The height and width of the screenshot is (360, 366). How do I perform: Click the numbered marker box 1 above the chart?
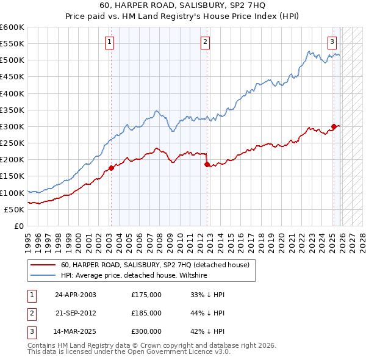click(x=109, y=42)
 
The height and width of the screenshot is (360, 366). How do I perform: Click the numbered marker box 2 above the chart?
click(x=205, y=42)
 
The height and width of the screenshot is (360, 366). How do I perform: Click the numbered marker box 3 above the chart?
click(x=332, y=42)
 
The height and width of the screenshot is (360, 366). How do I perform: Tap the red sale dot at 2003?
click(x=111, y=168)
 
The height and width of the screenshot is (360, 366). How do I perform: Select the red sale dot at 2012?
click(x=207, y=164)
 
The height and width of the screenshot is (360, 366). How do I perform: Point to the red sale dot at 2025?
click(x=334, y=127)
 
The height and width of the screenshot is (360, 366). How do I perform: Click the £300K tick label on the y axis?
click(x=12, y=126)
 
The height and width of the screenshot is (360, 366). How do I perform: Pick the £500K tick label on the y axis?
click(x=12, y=60)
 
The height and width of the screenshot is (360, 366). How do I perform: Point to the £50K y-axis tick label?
click(x=14, y=209)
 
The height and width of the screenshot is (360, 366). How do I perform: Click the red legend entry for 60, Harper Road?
click(x=155, y=265)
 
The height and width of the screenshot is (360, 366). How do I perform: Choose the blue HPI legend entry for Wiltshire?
click(x=134, y=276)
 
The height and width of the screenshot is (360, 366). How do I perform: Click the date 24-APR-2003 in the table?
click(x=75, y=295)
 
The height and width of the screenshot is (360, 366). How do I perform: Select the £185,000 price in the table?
click(x=146, y=313)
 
